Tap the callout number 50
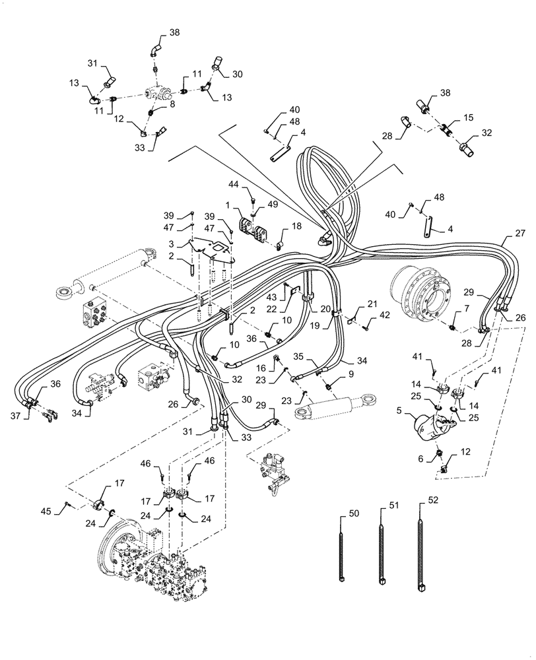(353, 513)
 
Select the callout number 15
(469, 117)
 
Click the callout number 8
(172, 104)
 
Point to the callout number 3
(172, 244)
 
